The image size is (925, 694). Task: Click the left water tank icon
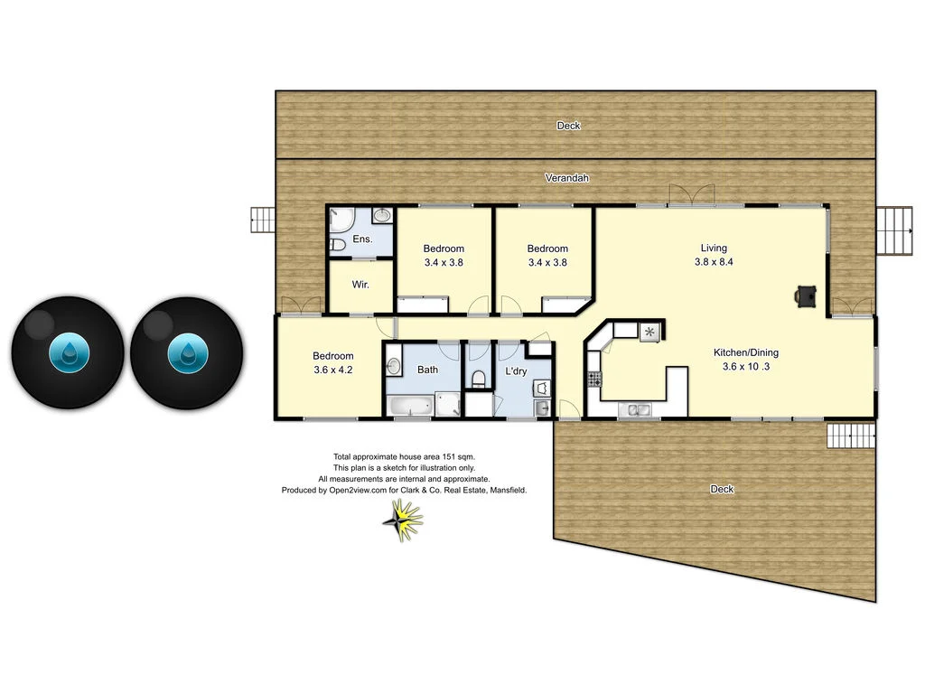pyautogui.click(x=68, y=352)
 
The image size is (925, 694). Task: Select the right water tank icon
pyautogui.click(x=187, y=352)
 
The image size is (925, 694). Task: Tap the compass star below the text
pyautogui.click(x=402, y=520)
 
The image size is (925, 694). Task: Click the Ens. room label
pyautogui.click(x=362, y=239)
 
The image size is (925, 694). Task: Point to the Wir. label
pyautogui.click(x=360, y=284)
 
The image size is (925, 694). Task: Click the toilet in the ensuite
pyautogui.click(x=337, y=244)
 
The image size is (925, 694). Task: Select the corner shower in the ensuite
pyautogui.click(x=341, y=218)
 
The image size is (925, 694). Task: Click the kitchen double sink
pyautogui.click(x=640, y=410)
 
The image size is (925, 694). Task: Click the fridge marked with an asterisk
pyautogui.click(x=649, y=333)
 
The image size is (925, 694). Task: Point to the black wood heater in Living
pyautogui.click(x=806, y=295)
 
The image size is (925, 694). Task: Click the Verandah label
pyautogui.click(x=567, y=178)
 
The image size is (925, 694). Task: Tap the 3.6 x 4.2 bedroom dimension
pyautogui.click(x=333, y=370)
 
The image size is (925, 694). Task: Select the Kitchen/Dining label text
pyautogui.click(x=745, y=352)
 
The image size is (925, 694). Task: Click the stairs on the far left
pyautogui.click(x=262, y=220)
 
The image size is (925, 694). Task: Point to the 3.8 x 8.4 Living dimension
pyautogui.click(x=713, y=262)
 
